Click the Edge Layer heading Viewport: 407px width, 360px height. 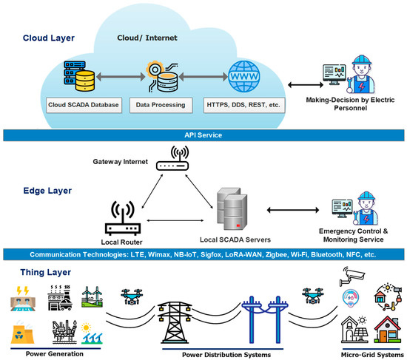point(45,190)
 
